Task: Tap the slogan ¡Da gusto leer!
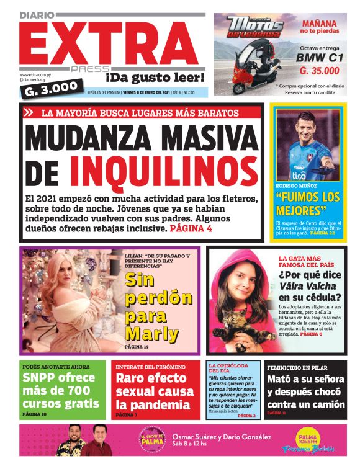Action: pyautogui.click(x=155, y=78)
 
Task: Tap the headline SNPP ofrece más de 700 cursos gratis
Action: pyautogui.click(x=60, y=390)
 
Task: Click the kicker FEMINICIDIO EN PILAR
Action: pyautogui.click(x=298, y=367)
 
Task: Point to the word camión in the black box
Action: pyautogui.click(x=323, y=404)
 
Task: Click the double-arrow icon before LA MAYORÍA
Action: pyautogui.click(x=29, y=113)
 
